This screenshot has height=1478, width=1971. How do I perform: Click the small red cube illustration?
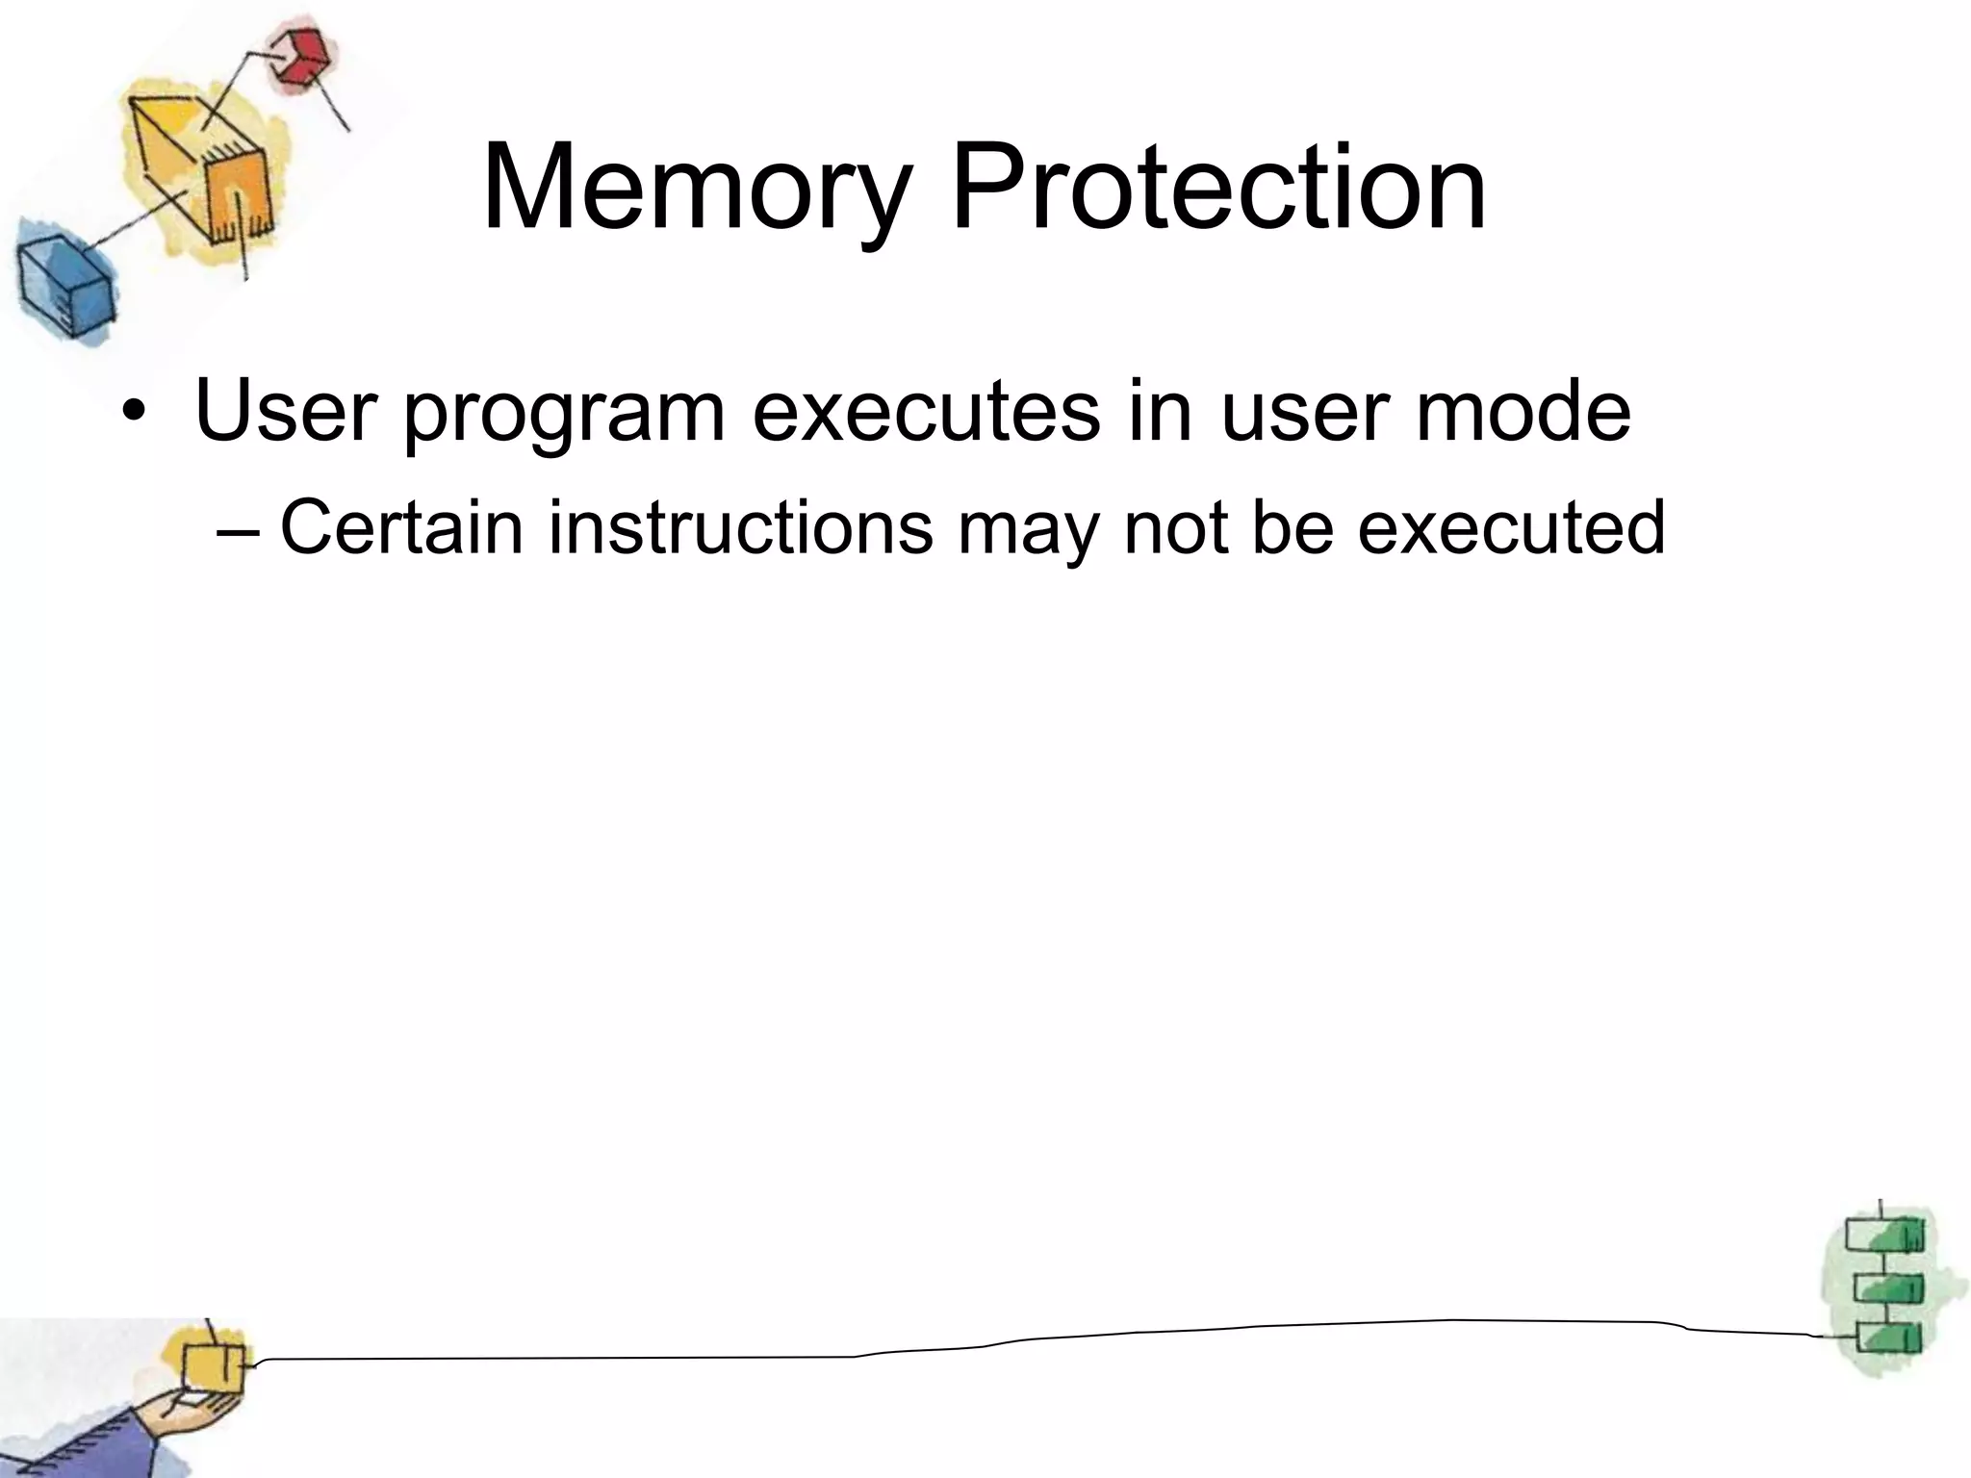coord(299,56)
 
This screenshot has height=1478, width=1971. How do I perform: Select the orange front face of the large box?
coord(237,197)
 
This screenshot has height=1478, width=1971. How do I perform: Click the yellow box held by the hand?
coord(213,1366)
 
